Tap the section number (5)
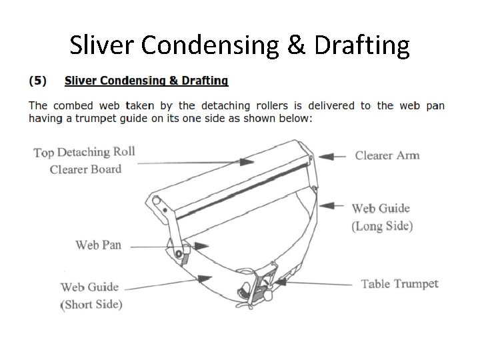pyautogui.click(x=37, y=81)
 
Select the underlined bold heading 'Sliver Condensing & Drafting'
pyautogui.click(x=146, y=81)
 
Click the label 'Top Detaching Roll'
pyautogui.click(x=84, y=151)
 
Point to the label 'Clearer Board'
pyautogui.click(x=85, y=169)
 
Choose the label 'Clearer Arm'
pyautogui.click(x=387, y=155)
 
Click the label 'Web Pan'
pyautogui.click(x=98, y=245)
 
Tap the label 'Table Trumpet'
pyautogui.click(x=399, y=284)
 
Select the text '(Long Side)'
pyautogui.click(x=382, y=226)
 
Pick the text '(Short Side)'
pyautogui.click(x=91, y=305)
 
